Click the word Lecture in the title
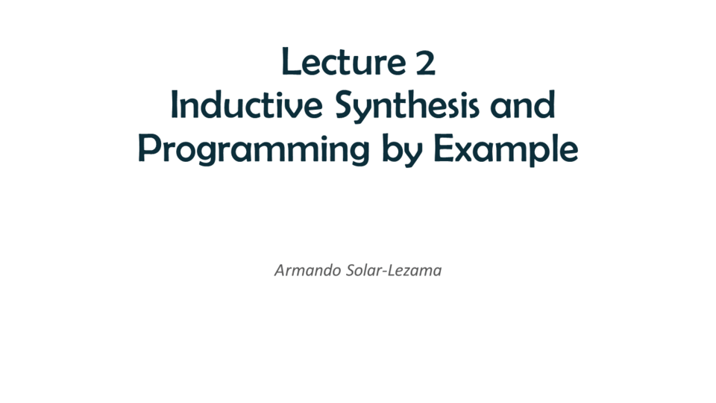tap(343, 61)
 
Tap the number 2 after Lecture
tap(426, 63)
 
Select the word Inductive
tap(247, 104)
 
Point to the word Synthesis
tap(407, 107)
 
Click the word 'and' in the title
tap(523, 104)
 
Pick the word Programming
tap(254, 150)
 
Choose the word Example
tap(506, 149)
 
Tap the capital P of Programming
tap(148, 148)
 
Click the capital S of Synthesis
tap(345, 104)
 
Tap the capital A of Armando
tap(280, 270)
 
